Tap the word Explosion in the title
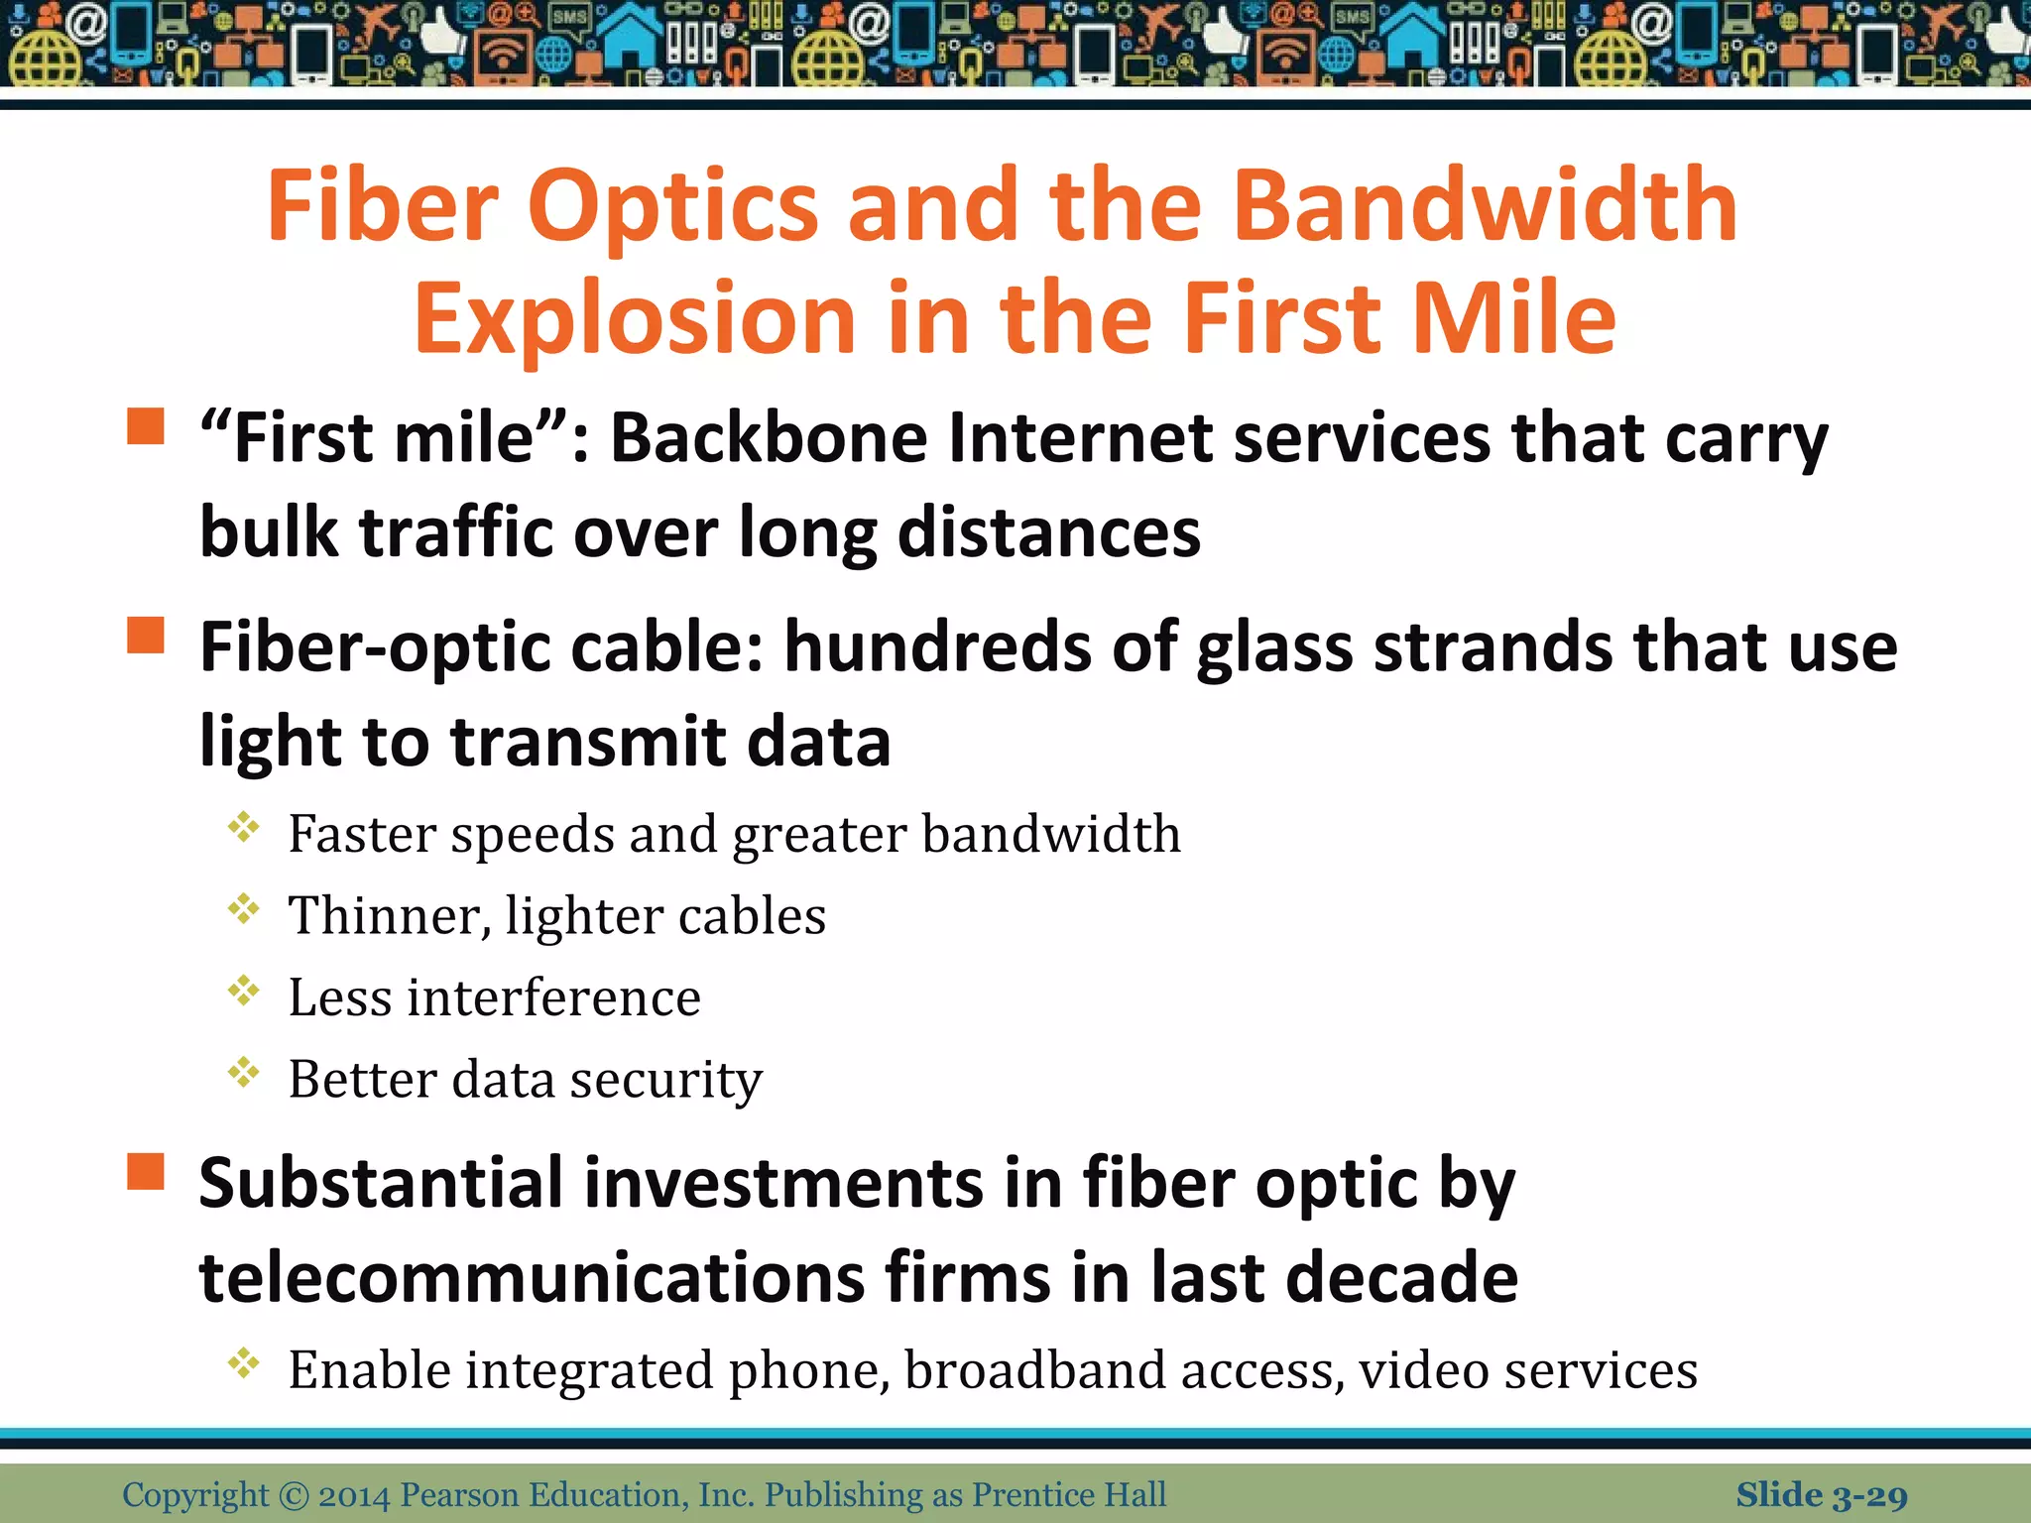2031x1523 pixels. tap(635, 319)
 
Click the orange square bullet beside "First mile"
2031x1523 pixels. tap(146, 426)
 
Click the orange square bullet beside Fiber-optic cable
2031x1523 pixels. tap(146, 636)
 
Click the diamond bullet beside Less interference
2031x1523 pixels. tap(243, 991)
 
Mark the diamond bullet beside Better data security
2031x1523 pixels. tap(243, 1072)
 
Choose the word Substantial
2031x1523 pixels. tap(381, 1184)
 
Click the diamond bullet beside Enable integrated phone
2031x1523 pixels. tap(243, 1363)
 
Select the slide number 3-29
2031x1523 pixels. tap(1868, 1495)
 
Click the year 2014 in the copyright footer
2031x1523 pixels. tap(354, 1495)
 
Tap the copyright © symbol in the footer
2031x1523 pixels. tap(294, 1495)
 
